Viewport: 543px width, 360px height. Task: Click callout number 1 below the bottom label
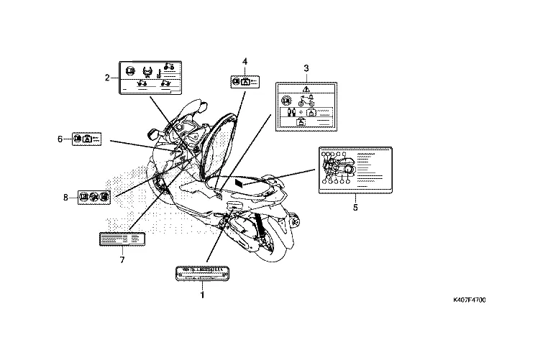(x=202, y=295)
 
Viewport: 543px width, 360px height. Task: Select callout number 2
(x=107, y=77)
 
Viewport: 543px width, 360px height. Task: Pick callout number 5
(x=355, y=207)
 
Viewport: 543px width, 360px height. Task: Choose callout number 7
(x=122, y=259)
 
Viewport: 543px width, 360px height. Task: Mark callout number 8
(x=65, y=195)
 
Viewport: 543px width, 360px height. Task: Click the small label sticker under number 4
(x=245, y=83)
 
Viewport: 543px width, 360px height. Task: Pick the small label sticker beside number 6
(x=87, y=138)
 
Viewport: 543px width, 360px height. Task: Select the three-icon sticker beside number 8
(x=93, y=196)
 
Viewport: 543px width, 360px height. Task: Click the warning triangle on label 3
(x=306, y=88)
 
